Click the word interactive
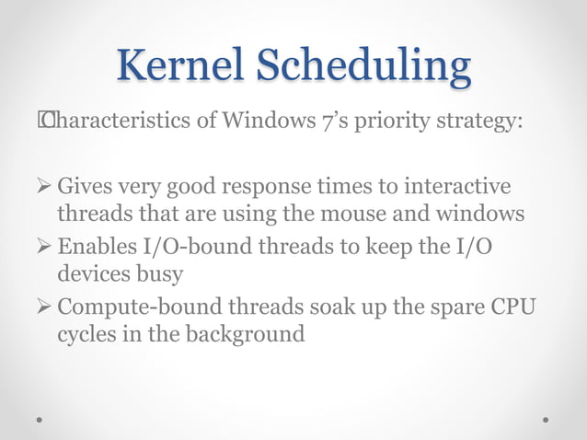pos(457,188)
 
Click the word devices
pos(93,274)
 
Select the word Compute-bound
pos(131,308)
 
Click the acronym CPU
pos(512,307)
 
